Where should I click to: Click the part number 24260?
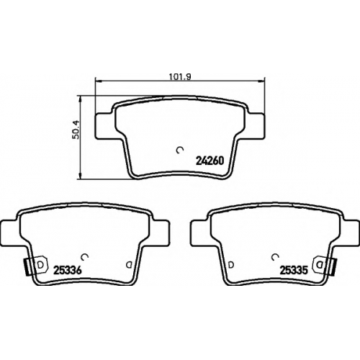[x=210, y=161]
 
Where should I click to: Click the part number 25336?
[x=68, y=270]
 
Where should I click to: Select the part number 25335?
[x=294, y=271]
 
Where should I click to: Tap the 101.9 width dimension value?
[x=180, y=77]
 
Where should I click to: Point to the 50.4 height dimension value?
[x=76, y=130]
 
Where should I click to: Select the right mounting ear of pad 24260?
[x=256, y=126]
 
